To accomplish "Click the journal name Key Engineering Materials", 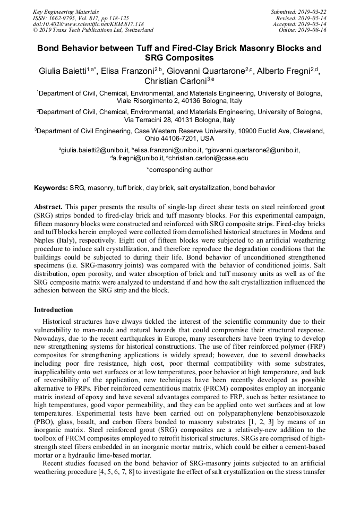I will (x=66, y=11).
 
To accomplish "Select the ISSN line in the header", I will (x=81, y=18).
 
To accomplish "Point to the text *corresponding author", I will (x=179, y=170).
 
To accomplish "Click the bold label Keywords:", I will (x=51, y=188).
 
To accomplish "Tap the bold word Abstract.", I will (x=49, y=206).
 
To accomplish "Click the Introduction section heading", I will (x=54, y=309).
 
